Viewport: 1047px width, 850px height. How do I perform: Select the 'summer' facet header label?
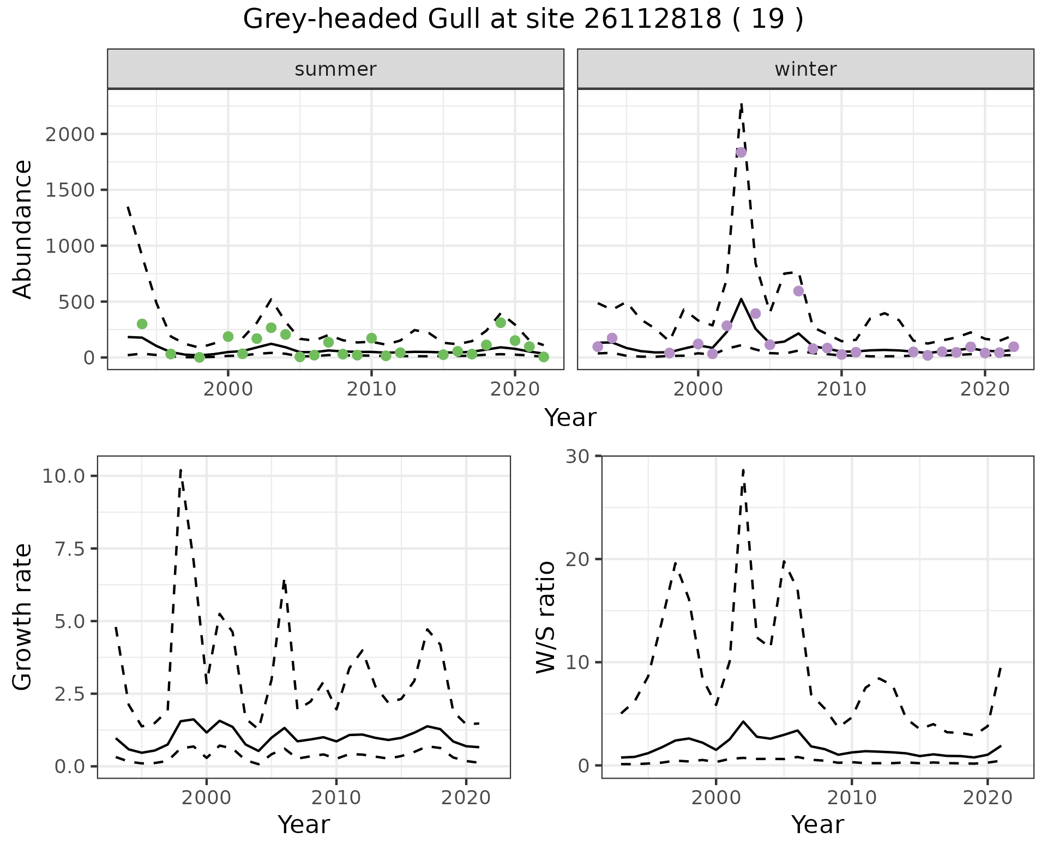pyautogui.click(x=335, y=69)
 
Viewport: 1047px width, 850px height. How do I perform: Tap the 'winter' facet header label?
pyautogui.click(x=805, y=69)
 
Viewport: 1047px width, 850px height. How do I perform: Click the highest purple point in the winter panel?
pyautogui.click(x=741, y=153)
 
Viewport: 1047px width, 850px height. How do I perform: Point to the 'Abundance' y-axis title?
pyautogui.click(x=23, y=229)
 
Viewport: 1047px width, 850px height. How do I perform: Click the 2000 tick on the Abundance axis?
pyautogui.click(x=69, y=134)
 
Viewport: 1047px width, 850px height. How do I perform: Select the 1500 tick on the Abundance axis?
pyautogui.click(x=69, y=190)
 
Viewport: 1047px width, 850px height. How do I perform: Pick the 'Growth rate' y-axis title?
pyautogui.click(x=23, y=617)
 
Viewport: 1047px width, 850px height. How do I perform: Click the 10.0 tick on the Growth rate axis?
pyautogui.click(x=63, y=476)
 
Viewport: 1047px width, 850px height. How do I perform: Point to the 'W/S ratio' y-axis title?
pyautogui.click(x=545, y=617)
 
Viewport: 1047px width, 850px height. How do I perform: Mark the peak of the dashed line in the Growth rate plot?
pyautogui.click(x=180, y=470)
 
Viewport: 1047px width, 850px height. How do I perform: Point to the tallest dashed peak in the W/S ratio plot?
pyautogui.click(x=743, y=470)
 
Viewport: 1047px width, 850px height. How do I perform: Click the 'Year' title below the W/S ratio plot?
pyautogui.click(x=817, y=825)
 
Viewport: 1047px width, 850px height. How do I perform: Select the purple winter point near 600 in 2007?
pyautogui.click(x=798, y=291)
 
